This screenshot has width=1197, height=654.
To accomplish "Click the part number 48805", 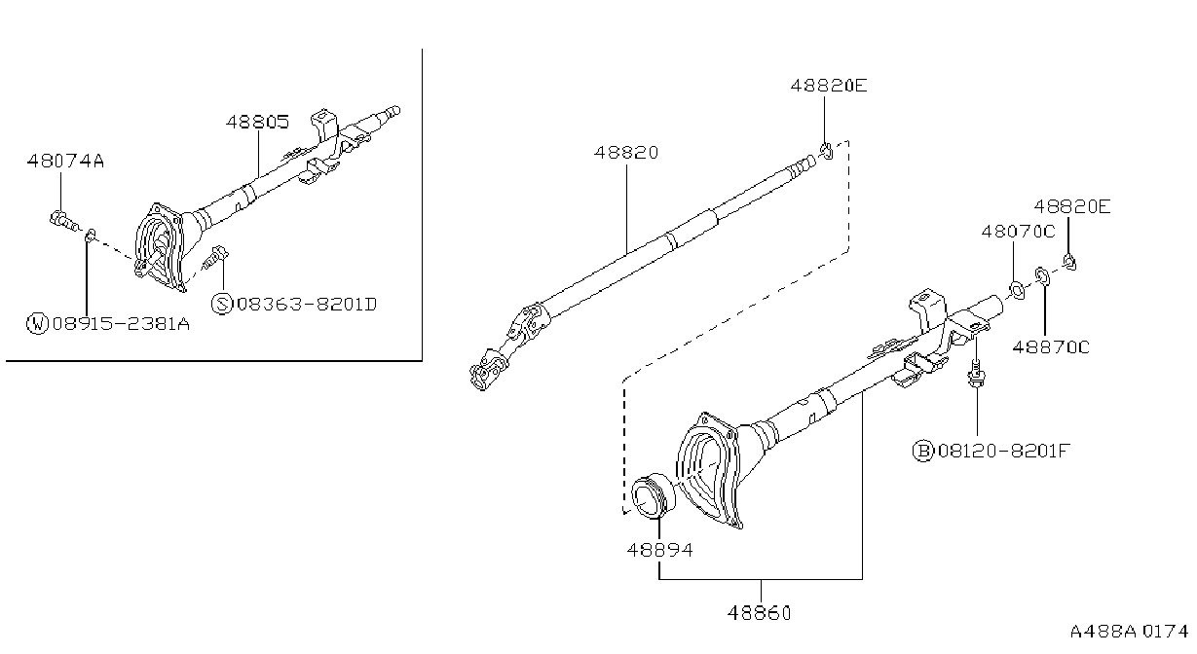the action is pos(257,123).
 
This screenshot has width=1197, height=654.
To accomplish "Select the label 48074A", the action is pos(65,161).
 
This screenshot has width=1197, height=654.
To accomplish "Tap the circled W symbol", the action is pos(37,323).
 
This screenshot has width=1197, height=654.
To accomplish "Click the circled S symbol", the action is pos(222,304).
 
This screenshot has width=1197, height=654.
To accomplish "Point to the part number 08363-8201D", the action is pos(307,305).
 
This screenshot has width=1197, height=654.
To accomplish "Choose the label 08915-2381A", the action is pos(121,323).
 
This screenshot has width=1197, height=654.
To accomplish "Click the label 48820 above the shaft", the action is pos(626,153).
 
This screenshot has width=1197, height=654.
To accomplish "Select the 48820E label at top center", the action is pos(829,86).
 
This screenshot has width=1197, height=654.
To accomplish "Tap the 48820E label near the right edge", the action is pos(1072,206).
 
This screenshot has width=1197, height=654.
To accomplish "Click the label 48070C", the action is pos(1019,232).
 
